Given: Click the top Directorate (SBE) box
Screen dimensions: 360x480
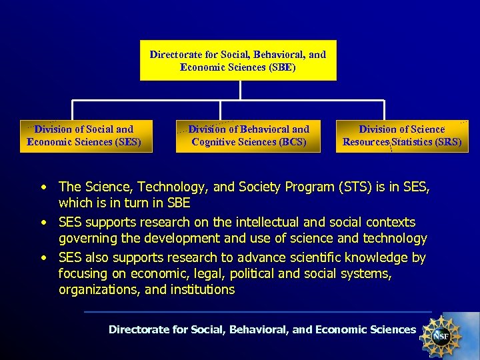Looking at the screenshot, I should (x=238, y=61).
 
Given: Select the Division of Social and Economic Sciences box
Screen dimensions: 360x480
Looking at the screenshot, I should (x=86, y=136).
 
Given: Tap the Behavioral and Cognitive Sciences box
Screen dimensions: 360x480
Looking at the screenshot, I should (x=249, y=136).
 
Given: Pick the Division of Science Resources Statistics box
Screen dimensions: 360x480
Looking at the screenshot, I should (x=402, y=136).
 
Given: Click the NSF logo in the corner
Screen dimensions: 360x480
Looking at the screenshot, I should (x=440, y=335).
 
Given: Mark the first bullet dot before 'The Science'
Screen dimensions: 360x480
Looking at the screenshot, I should (x=43, y=187).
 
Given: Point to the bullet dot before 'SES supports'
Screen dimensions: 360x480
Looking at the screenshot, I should (x=43, y=222).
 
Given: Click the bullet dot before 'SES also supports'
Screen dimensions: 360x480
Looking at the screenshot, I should (x=43, y=257).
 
